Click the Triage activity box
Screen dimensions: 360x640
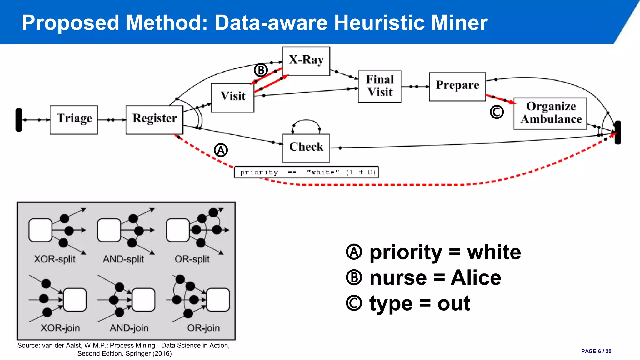point(74,120)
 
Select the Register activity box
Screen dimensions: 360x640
point(154,120)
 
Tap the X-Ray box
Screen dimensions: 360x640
point(306,61)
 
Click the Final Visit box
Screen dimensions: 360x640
point(379,87)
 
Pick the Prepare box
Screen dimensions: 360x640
point(457,87)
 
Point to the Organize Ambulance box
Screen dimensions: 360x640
point(550,113)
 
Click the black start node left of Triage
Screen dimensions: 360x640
point(19,120)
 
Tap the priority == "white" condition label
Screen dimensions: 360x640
point(306,172)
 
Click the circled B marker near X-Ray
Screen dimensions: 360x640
point(261,70)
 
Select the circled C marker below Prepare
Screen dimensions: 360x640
point(497,112)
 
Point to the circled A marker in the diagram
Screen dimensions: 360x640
point(221,150)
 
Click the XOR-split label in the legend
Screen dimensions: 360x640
point(55,259)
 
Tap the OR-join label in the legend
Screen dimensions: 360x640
point(203,328)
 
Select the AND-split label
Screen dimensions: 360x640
point(123,259)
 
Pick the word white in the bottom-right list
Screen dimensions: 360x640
point(494,252)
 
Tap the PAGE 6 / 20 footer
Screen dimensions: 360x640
point(596,351)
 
